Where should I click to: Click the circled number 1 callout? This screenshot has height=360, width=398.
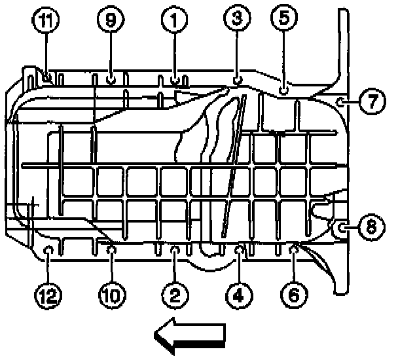tap(173, 22)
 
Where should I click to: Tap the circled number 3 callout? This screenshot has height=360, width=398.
tap(236, 20)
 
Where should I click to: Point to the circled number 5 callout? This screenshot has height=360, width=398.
tap(283, 20)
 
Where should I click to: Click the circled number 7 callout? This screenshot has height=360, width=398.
tap(372, 101)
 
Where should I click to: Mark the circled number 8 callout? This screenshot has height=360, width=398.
tap(371, 227)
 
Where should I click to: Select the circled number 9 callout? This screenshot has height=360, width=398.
tap(110, 22)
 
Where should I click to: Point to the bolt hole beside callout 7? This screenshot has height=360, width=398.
tap(341, 101)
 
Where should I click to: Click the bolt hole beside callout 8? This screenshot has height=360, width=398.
tap(342, 227)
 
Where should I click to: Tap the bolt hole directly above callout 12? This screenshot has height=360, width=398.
tap(48, 249)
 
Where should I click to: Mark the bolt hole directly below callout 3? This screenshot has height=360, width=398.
tap(236, 79)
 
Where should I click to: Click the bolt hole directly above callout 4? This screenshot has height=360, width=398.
tap(240, 248)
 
